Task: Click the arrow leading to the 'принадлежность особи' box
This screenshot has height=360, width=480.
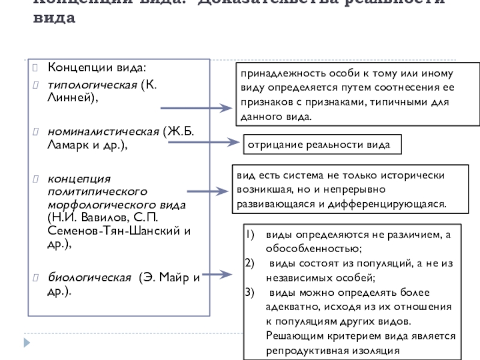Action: click(195, 109)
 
